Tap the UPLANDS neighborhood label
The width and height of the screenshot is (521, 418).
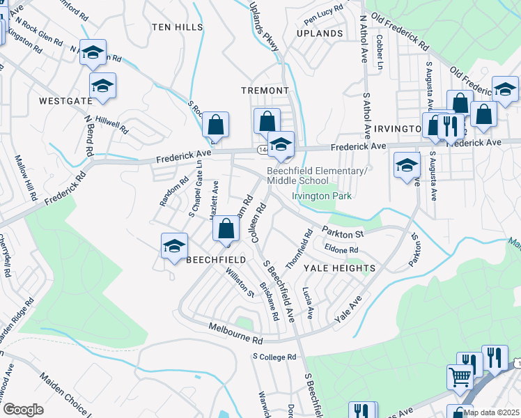pyautogui.click(x=319, y=33)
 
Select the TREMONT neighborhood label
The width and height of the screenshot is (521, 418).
pyautogui.click(x=265, y=91)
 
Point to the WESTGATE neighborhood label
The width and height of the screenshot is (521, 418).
pyautogui.click(x=65, y=101)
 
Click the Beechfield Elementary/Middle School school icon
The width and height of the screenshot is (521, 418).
pyautogui.click(x=281, y=144)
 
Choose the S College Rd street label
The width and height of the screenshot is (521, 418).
pyautogui.click(x=274, y=357)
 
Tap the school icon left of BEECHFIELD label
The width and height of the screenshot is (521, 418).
pyautogui.click(x=174, y=246)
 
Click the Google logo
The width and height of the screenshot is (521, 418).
pyautogui.click(x=23, y=410)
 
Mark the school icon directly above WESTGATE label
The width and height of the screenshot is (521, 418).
pyautogui.click(x=102, y=86)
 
